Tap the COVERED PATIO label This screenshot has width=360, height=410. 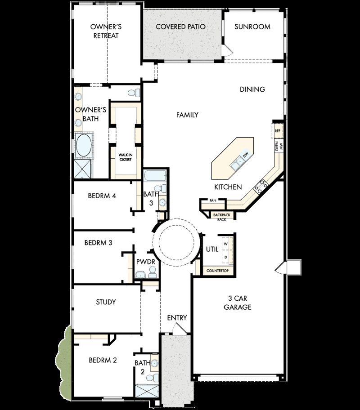pos(180,27)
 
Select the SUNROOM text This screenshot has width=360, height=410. pos(252,27)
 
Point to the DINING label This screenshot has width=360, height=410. pos(252,89)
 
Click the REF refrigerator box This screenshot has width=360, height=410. pos(278,131)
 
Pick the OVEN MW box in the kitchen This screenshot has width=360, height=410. pos(278,146)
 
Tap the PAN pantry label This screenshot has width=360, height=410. pos(213,201)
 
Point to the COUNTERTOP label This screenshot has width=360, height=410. pos(217,271)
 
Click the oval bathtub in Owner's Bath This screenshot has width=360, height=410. pos(83,146)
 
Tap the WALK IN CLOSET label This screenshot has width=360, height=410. pos(125,156)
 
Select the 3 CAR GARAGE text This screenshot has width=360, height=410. pos(238,303)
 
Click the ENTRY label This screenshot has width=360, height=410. pos(177,318)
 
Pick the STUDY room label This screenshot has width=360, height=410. pos(106,302)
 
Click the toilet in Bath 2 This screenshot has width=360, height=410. pos(154,376)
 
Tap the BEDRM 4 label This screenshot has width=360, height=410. pos(103,196)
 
